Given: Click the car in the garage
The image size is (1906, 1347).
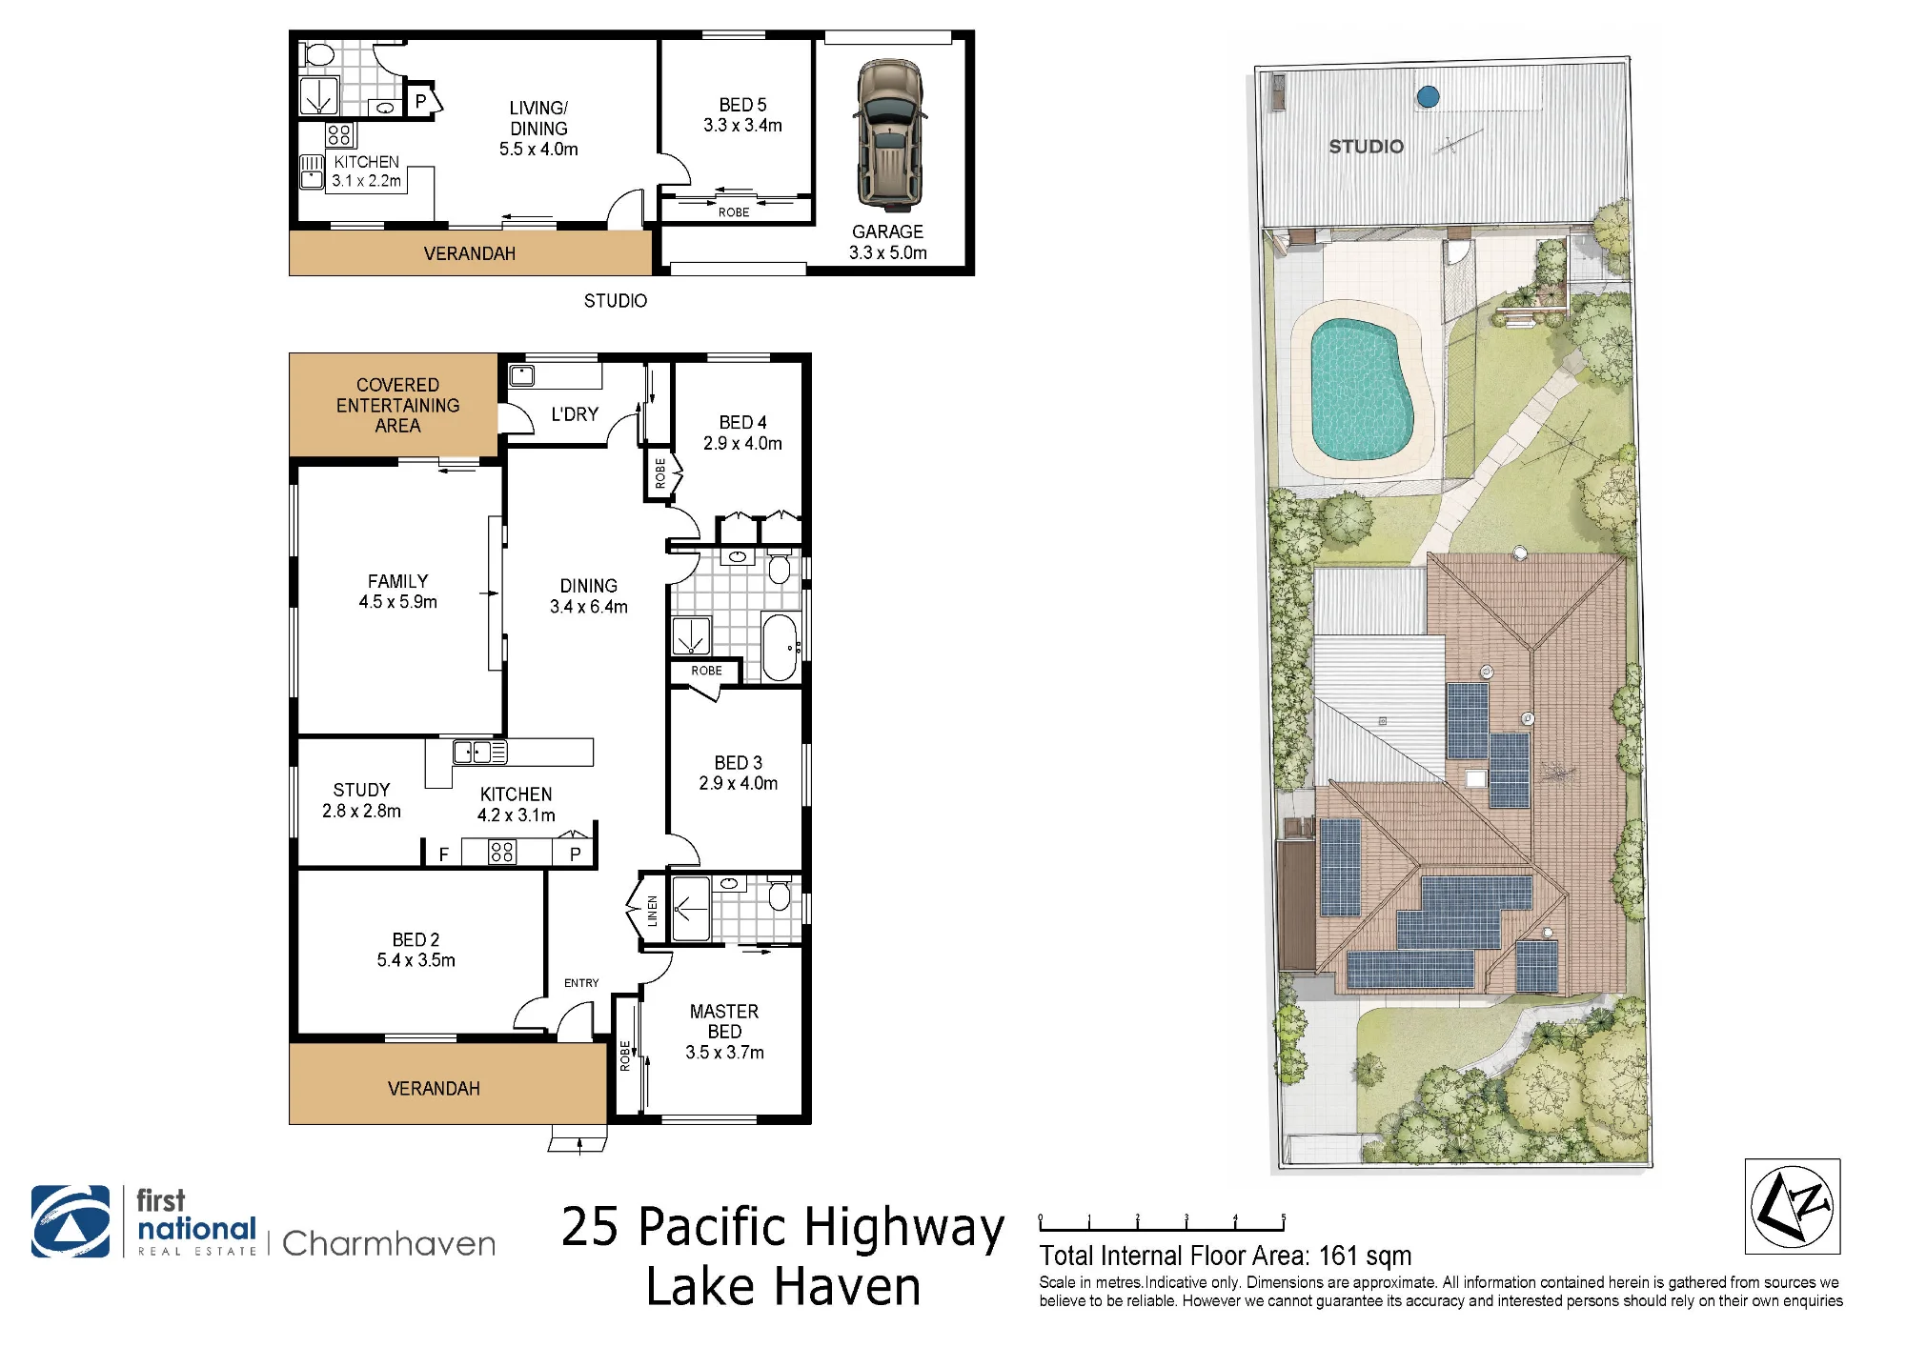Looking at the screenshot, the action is tap(889, 134).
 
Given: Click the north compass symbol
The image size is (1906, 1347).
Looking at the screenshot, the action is tap(1793, 1206).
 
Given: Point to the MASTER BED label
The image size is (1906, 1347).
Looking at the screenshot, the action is tap(724, 1021).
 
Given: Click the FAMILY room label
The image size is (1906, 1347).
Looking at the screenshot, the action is tap(397, 581).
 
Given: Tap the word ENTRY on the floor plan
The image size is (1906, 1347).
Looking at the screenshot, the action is tap(581, 983).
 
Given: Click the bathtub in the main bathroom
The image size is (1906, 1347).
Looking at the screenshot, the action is tap(780, 648).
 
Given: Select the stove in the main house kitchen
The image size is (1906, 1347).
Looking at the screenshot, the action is tap(502, 852).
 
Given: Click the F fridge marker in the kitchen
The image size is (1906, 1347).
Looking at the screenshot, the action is tap(444, 854).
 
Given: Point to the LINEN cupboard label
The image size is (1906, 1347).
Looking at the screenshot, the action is tap(653, 911).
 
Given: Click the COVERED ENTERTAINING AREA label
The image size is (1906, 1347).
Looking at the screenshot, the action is tap(397, 405).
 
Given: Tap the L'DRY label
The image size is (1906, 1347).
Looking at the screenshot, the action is tap(575, 414).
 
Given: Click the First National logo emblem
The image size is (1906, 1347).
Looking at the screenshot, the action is tap(71, 1221).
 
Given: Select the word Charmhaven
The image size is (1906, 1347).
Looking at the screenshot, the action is tap(389, 1243).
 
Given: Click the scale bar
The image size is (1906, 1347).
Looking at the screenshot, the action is tap(1163, 1223).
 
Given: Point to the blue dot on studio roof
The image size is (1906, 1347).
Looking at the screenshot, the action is tap(1428, 96).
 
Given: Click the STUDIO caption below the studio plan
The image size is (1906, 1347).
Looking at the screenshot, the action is tap(616, 301).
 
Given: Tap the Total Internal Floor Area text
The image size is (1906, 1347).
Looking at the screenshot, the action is tap(1226, 1256).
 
